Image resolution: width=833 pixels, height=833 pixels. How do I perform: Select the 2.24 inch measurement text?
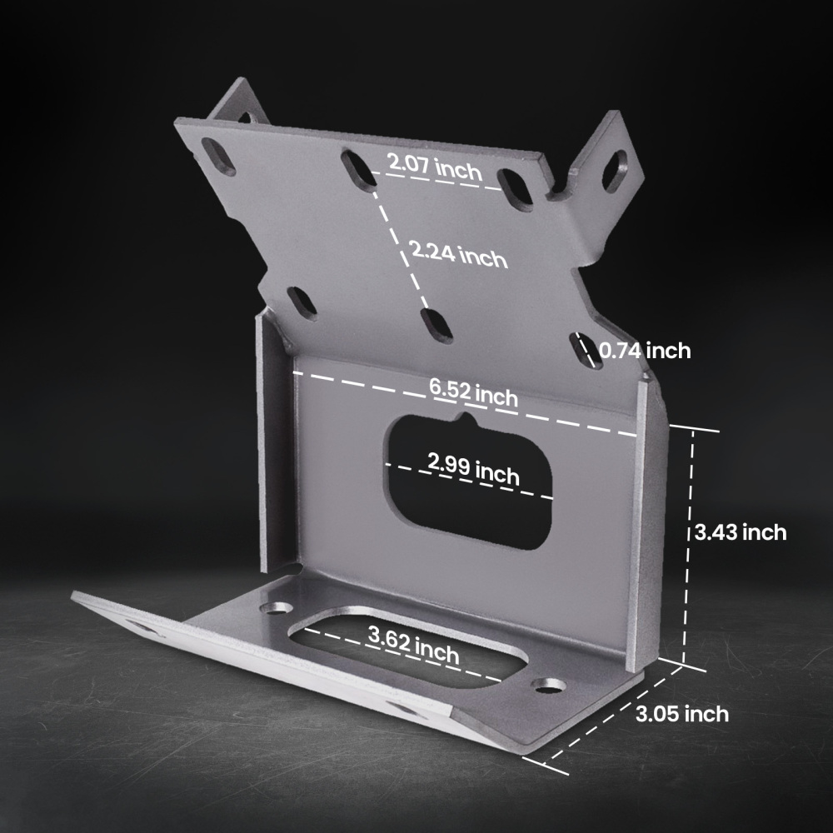[x=457, y=253]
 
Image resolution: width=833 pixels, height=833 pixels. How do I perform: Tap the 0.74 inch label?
[x=646, y=351]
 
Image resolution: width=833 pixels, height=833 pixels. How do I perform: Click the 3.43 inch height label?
[x=741, y=531]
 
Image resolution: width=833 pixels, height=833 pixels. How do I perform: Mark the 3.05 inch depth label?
[x=681, y=714]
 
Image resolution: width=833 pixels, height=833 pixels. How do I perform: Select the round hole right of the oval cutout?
[x=548, y=686]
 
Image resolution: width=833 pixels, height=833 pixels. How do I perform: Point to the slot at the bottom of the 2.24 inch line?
[x=436, y=324]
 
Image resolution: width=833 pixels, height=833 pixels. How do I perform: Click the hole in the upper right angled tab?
[x=614, y=170]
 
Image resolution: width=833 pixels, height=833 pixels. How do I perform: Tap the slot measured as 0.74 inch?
[x=585, y=349]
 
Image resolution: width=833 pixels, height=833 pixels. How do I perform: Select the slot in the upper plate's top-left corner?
[x=218, y=157]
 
